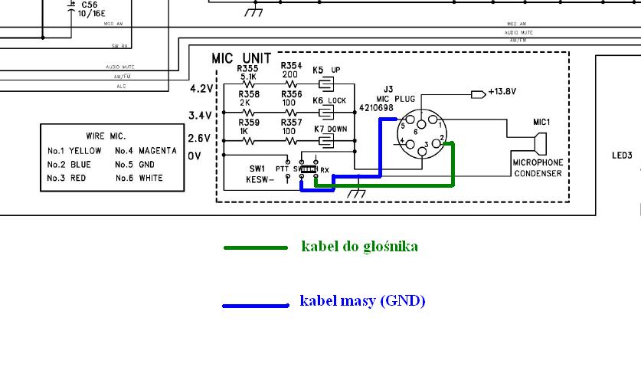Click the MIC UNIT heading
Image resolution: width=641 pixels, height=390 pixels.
click(x=241, y=58)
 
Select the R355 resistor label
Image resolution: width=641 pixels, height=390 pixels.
click(x=247, y=69)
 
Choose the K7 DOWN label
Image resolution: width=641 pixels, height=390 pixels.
click(x=331, y=129)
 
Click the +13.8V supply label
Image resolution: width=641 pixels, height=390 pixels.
click(x=502, y=91)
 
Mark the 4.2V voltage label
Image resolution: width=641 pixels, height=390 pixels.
click(x=200, y=89)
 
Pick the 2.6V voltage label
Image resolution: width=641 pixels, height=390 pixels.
click(x=200, y=139)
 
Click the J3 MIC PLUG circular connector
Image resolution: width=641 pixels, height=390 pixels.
click(x=420, y=134)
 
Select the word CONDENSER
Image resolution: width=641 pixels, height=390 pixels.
click(x=538, y=173)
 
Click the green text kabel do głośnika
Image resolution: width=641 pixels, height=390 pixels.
click(x=359, y=247)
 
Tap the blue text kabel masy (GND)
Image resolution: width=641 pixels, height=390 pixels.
click(x=362, y=301)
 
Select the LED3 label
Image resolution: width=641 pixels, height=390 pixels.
click(x=622, y=156)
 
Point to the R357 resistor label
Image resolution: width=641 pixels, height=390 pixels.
click(x=292, y=123)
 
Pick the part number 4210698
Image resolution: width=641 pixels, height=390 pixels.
click(x=376, y=108)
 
